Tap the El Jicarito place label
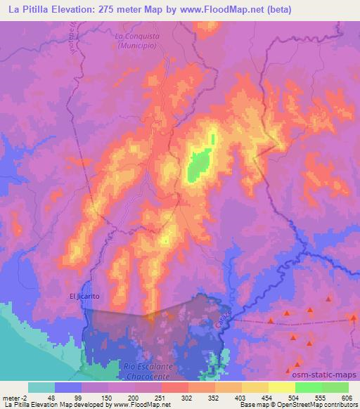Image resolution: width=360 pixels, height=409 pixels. coord(84,296)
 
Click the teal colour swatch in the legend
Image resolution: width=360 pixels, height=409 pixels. coord(41,387)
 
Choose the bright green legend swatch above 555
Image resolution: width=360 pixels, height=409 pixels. coord(309,387)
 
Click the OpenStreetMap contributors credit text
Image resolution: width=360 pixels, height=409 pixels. coord(312,405)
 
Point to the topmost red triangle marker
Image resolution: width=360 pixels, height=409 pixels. coord(328,298)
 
